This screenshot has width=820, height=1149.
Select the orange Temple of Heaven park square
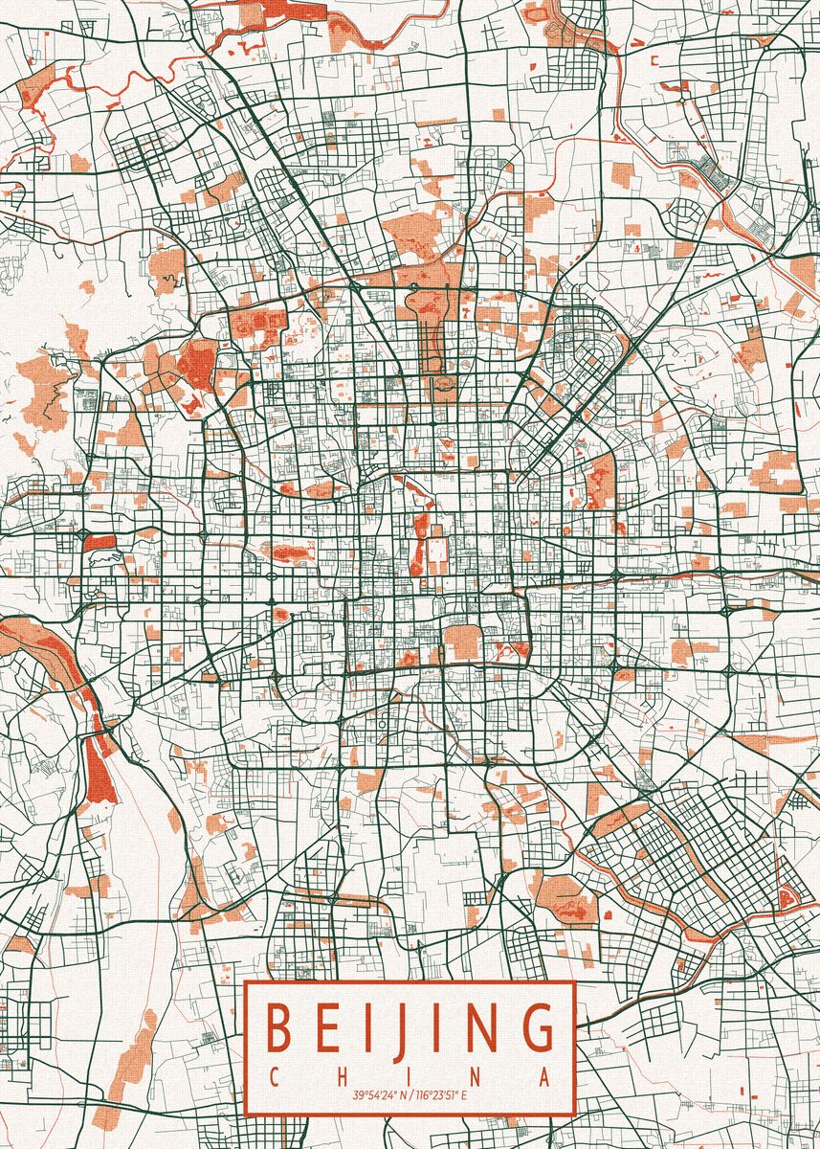[464, 642]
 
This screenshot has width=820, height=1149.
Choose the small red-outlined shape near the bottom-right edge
[788, 896]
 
